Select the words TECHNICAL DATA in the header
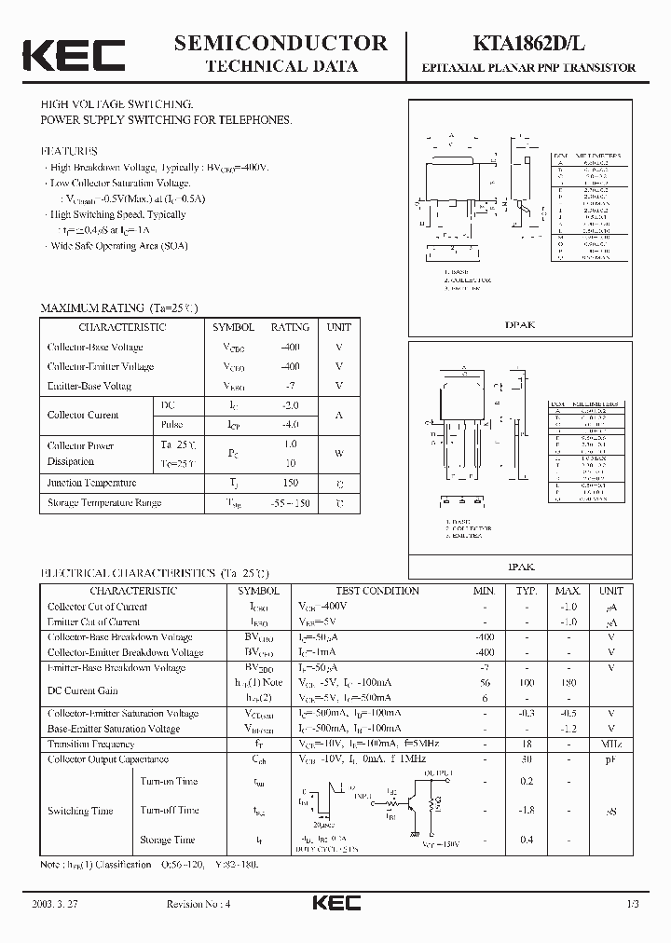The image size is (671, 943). pyautogui.click(x=281, y=66)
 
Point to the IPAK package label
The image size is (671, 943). pyautogui.click(x=520, y=566)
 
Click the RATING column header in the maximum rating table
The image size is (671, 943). pyautogui.click(x=290, y=327)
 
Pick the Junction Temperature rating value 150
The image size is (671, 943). pyautogui.click(x=290, y=483)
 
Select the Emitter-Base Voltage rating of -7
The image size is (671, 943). pyautogui.click(x=290, y=386)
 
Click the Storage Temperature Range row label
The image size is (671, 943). pyautogui.click(x=104, y=503)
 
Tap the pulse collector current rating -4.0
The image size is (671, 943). pyautogui.click(x=290, y=425)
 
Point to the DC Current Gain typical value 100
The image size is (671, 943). pyautogui.click(x=527, y=683)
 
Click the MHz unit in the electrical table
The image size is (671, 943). pyautogui.click(x=611, y=745)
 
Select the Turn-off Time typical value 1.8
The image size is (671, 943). pyautogui.click(x=527, y=811)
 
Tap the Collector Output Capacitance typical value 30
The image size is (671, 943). pyautogui.click(x=527, y=759)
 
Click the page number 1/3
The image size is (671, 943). pyautogui.click(x=633, y=905)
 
